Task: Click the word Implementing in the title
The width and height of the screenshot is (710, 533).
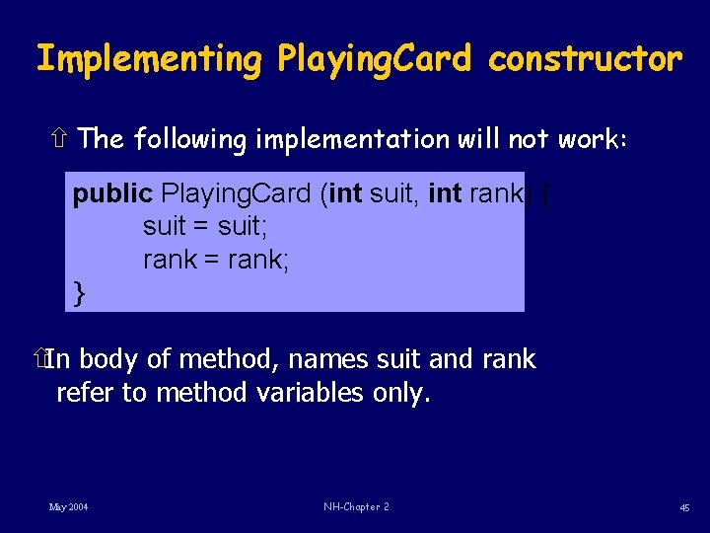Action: coord(148,60)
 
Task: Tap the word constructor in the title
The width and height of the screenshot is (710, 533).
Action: coord(585,60)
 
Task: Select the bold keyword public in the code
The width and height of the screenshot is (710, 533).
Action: coord(112,193)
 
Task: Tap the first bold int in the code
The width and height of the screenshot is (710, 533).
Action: coord(345,193)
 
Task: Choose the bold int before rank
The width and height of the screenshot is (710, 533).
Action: coord(445,193)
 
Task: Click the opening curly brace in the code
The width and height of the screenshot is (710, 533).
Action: coord(544,194)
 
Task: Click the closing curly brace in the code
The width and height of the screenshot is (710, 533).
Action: coord(80,293)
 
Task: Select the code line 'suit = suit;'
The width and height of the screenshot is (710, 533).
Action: coord(205,227)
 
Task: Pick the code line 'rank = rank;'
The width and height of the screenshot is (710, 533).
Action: coord(216,260)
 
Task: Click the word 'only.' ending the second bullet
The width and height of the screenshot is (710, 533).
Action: coord(402,393)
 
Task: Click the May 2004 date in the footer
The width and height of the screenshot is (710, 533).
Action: coord(68,506)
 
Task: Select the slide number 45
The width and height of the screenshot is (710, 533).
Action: coord(683,507)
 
